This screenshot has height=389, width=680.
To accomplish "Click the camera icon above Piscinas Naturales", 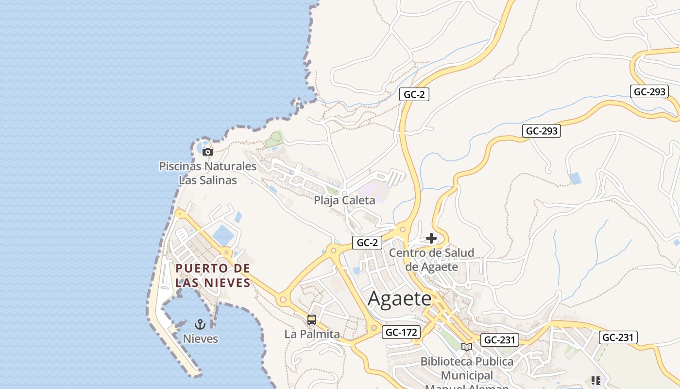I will [208, 152].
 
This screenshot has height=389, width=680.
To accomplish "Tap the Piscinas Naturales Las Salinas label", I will [208, 173].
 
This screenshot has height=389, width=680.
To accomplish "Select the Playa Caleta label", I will [344, 200].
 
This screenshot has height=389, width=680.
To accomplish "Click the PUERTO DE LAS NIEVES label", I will [213, 275].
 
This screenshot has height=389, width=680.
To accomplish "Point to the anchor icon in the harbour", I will [200, 324].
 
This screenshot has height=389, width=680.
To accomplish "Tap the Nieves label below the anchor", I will [200, 338].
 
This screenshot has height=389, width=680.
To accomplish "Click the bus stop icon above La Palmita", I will [312, 320].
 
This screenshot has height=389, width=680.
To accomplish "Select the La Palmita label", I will [312, 334].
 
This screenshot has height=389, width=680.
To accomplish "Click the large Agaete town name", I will [399, 298].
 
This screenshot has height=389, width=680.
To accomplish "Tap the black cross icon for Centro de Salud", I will [431, 238].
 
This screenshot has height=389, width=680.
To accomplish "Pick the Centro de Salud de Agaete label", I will [431, 260].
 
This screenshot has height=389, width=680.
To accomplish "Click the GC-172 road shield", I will [401, 332].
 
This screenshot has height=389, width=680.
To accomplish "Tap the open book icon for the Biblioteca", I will [467, 347].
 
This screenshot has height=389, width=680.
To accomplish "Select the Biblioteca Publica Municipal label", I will [467, 369].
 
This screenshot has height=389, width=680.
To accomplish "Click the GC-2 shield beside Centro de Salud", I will [367, 242].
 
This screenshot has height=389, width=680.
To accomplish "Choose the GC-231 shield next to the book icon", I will [499, 340].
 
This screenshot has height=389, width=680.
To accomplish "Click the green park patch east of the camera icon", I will [274, 139].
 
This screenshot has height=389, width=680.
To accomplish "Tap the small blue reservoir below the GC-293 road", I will [575, 178].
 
